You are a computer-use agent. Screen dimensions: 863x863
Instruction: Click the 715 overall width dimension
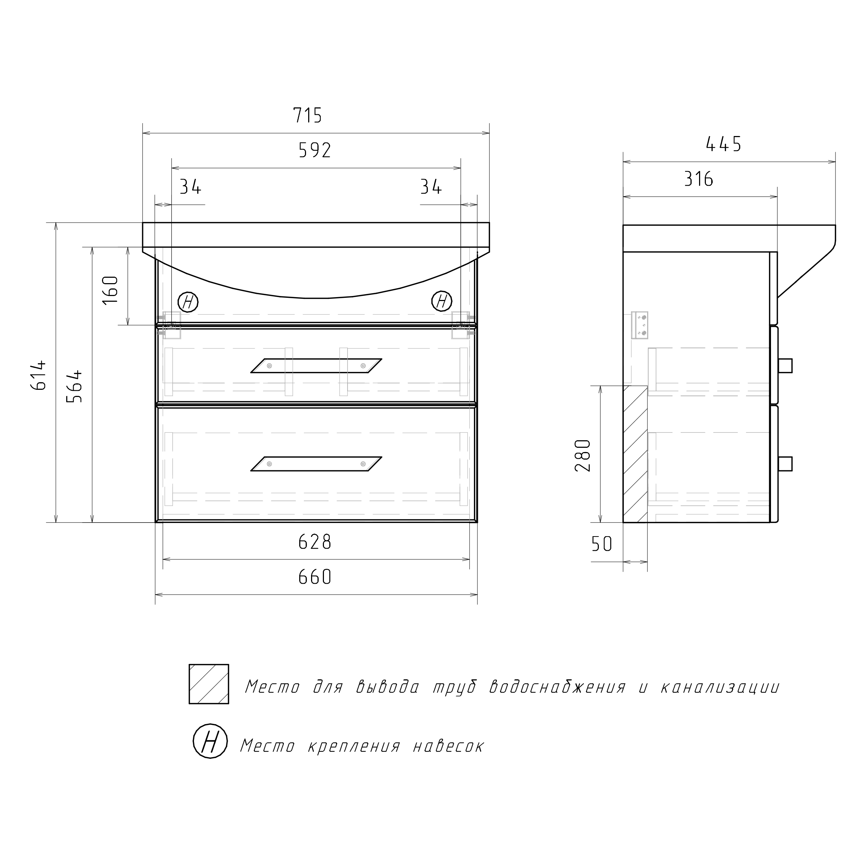tap(307, 116)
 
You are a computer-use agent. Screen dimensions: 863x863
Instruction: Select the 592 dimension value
tap(315, 151)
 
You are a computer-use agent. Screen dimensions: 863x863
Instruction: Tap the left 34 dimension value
tap(190, 187)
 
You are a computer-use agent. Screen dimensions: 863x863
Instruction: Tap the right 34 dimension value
tap(431, 187)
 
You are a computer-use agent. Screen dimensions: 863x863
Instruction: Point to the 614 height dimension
tap(39, 375)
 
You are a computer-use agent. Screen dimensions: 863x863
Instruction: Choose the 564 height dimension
tap(74, 386)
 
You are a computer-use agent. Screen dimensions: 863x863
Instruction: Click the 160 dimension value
tap(110, 290)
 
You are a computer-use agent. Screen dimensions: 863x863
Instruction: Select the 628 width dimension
tap(315, 542)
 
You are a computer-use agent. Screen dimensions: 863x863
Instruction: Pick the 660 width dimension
tap(315, 577)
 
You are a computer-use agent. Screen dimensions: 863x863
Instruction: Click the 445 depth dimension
tap(724, 144)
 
